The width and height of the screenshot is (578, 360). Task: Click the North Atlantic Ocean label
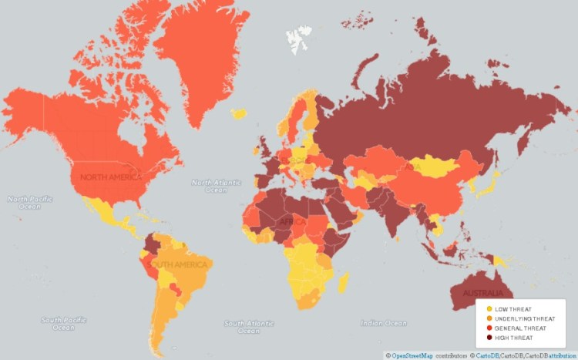tap(217, 187)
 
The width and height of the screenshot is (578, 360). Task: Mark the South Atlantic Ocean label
tap(249, 327)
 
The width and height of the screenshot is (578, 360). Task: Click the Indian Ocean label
tap(383, 323)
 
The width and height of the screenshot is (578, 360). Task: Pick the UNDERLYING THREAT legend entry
tap(513, 318)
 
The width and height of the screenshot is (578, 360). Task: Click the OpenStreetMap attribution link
tap(412, 355)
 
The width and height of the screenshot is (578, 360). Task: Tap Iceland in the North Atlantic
tap(239, 113)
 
